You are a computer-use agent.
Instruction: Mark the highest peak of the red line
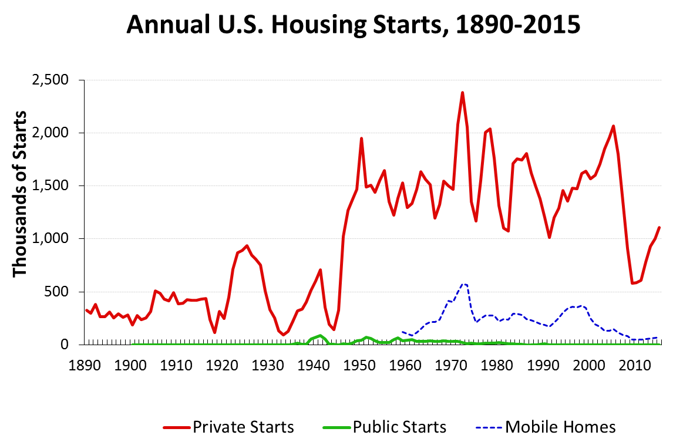pos(462,92)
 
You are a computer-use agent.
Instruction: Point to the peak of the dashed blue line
pos(463,284)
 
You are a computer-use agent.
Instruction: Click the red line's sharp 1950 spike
pos(361,139)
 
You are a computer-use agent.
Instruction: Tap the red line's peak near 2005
pos(613,126)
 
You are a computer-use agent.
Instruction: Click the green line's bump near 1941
pos(320,336)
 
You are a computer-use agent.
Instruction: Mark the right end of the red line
pos(659,227)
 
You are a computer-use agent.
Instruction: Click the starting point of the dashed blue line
pos(402,332)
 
